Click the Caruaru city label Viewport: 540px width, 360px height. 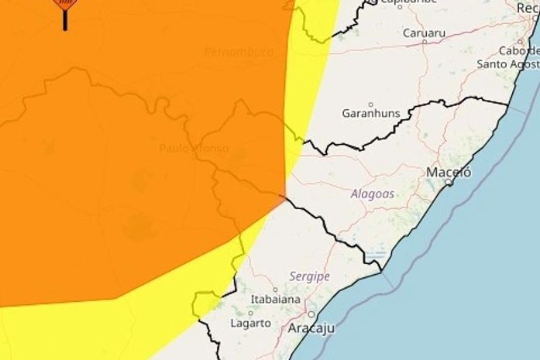[x=425, y=33]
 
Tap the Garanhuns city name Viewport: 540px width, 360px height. [x=371, y=113]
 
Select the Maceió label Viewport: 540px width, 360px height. [x=449, y=172]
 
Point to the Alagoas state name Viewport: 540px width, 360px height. [x=373, y=194]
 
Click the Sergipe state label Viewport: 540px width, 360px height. [x=310, y=276]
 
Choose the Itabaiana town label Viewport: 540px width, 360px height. [x=275, y=299]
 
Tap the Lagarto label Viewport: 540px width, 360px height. [x=250, y=323]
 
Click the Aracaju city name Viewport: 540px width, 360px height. [x=311, y=328]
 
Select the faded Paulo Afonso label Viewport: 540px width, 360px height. [x=194, y=148]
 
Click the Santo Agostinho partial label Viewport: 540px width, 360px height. [x=508, y=63]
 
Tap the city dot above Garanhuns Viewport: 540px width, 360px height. [x=370, y=105]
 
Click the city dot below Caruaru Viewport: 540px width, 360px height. [x=425, y=42]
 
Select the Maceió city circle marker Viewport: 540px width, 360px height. [x=448, y=183]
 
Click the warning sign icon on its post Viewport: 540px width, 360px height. [x=65, y=5]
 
